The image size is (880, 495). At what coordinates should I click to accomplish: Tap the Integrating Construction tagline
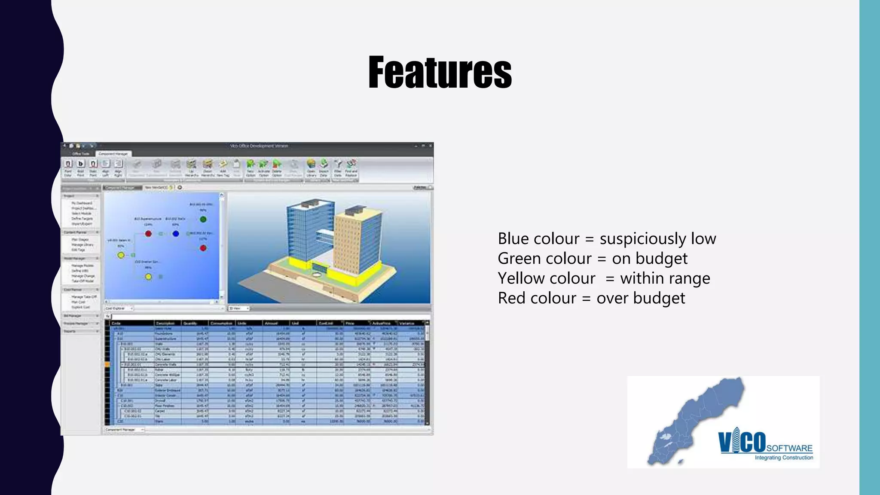(x=784, y=458)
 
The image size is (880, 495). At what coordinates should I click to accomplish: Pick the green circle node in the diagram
(x=203, y=219)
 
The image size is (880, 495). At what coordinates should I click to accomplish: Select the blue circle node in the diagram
(x=176, y=234)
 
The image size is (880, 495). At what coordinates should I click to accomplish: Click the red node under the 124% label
(x=148, y=234)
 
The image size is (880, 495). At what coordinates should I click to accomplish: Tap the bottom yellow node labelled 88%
(x=148, y=277)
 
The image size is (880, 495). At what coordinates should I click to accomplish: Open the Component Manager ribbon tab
(x=113, y=154)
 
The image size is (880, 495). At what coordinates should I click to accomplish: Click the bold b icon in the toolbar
(x=80, y=164)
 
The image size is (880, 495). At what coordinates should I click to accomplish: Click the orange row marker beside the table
(x=107, y=364)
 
